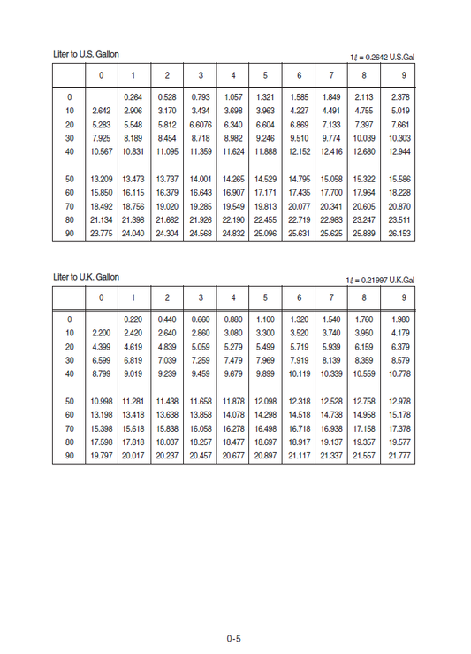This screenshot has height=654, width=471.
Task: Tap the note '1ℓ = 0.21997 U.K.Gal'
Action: [380, 280]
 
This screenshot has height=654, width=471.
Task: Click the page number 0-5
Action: [233, 636]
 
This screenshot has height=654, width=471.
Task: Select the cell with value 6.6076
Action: [201, 125]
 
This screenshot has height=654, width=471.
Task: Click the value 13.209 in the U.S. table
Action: [102, 180]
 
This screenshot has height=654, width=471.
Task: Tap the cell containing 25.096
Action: [265, 235]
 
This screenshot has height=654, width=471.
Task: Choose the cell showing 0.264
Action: [133, 96]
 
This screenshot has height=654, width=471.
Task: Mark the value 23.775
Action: [102, 235]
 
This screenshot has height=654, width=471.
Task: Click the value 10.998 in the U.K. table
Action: [102, 401]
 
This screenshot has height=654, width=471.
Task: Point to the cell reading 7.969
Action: [265, 360]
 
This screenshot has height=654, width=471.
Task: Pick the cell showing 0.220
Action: [133, 319]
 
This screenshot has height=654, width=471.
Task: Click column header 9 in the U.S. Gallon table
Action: [404, 75]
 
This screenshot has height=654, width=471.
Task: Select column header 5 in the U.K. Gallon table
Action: [265, 296]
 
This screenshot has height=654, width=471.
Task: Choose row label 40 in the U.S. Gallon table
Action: [69, 152]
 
